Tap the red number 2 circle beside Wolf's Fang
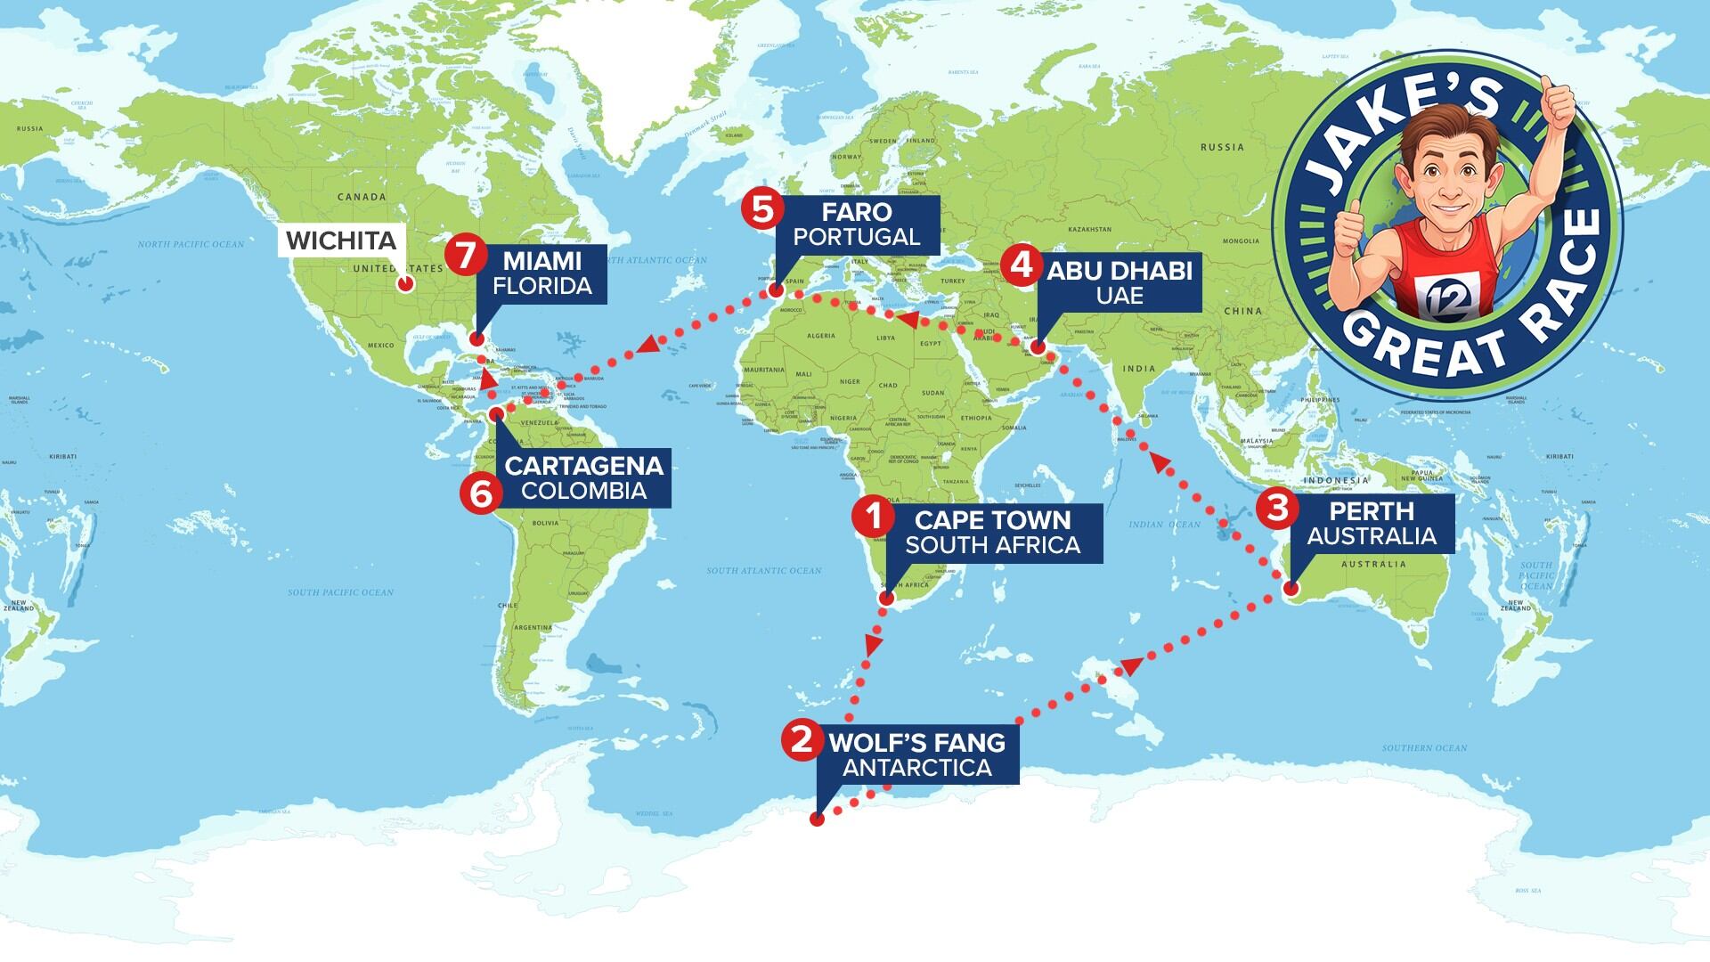801,739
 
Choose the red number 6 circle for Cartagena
480,493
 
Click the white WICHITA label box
341,240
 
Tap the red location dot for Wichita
405,284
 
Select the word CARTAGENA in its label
583,466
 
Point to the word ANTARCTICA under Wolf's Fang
916,768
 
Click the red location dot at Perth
1291,588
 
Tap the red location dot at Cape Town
885,599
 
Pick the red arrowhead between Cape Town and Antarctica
874,642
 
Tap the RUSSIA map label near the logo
1222,147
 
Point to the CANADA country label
362,197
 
